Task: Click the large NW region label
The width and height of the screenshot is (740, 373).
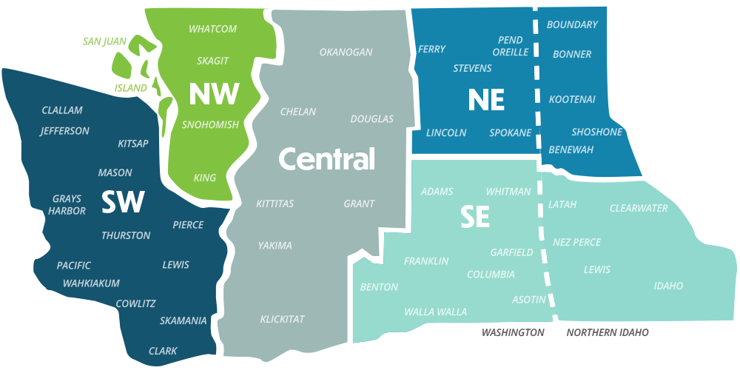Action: point(214,94)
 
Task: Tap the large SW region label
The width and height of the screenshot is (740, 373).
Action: point(122,203)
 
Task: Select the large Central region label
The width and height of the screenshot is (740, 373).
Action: point(326,158)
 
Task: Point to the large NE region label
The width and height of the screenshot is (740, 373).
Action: point(485,100)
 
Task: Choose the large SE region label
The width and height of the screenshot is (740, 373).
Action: point(475,216)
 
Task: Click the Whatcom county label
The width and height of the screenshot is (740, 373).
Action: point(212,29)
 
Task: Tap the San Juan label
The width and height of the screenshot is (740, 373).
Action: point(104,41)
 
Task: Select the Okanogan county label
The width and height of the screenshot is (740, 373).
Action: point(346,53)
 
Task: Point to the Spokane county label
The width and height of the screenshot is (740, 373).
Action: point(510,133)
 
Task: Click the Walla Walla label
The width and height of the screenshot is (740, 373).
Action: point(435,312)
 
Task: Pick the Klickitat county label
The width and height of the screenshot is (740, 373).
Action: point(282,320)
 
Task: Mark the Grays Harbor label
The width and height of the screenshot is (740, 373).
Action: point(67,205)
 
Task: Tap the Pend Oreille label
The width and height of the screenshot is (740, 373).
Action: point(511,46)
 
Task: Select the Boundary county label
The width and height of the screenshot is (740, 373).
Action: point(572,25)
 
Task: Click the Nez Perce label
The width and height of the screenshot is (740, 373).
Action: point(576,242)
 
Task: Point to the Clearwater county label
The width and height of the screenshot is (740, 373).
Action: point(638,209)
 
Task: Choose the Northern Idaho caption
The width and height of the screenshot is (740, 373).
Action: point(607,333)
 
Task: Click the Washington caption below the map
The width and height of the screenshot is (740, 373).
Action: point(513,333)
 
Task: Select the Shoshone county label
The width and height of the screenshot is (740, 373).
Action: point(596,132)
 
